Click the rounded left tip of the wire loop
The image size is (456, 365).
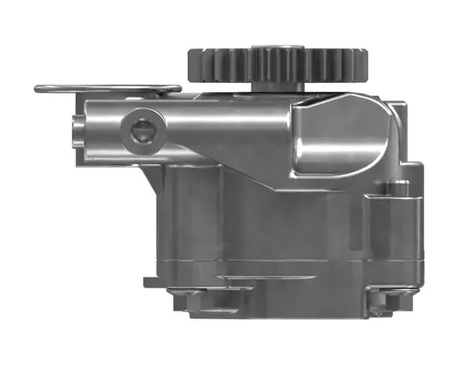pos(39,89)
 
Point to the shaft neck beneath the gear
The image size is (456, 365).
pos(278,87)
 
